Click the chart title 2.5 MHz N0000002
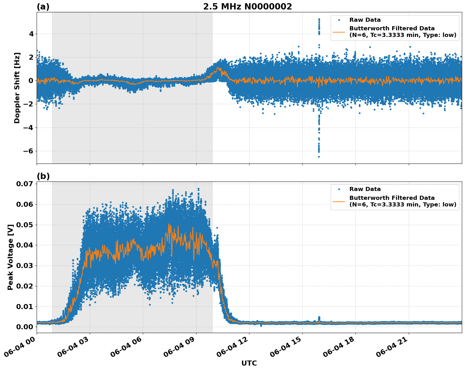247,7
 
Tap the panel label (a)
43,7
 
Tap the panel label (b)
43,176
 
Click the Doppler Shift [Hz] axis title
17,88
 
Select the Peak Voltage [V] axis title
10,257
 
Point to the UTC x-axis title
249,363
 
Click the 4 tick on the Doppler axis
31,34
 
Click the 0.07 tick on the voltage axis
24,184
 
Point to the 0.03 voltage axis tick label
24,266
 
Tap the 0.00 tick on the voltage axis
24,327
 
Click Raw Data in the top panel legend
365,20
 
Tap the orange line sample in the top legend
339,32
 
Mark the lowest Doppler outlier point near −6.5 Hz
319,157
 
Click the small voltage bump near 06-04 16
319,318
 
